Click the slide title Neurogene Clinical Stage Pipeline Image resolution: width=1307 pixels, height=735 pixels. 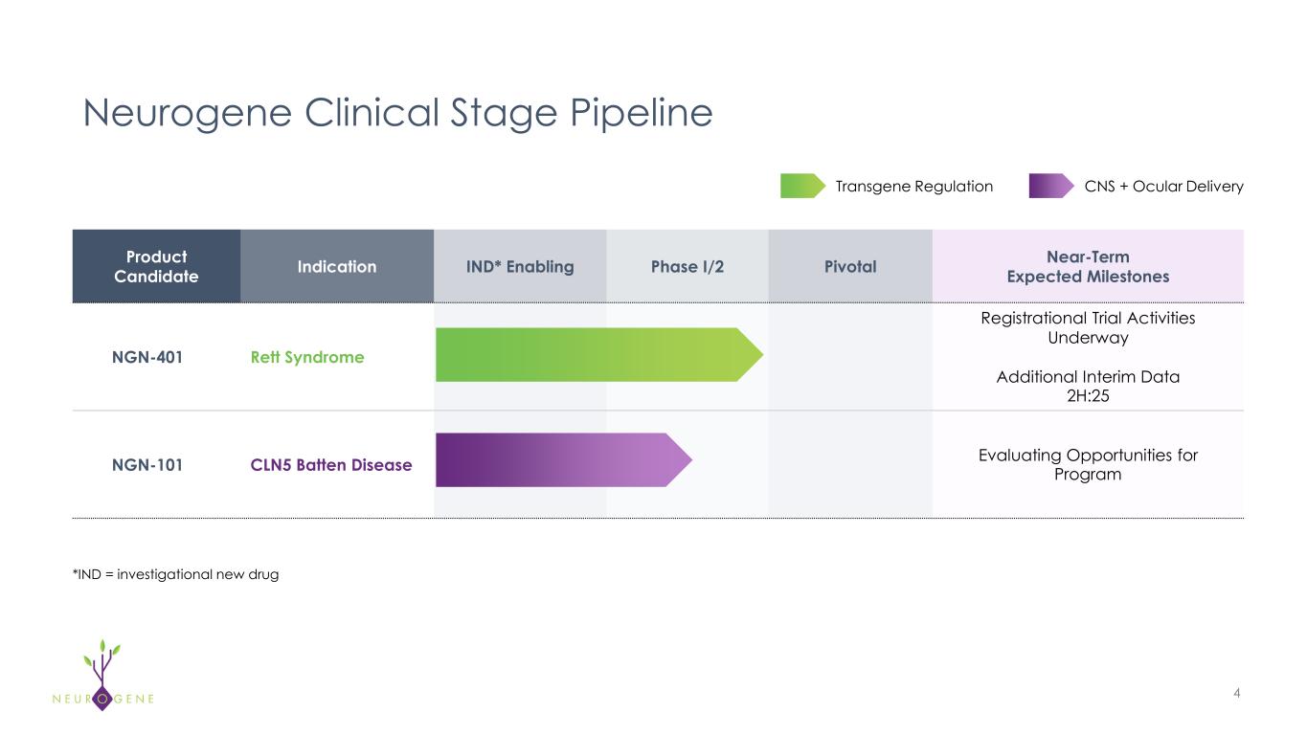[x=397, y=114]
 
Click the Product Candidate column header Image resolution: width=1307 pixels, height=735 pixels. [x=156, y=266]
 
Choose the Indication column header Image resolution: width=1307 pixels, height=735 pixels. [x=336, y=266]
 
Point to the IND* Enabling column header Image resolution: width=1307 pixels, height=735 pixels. [x=520, y=266]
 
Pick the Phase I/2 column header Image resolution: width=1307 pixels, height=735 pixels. [x=687, y=266]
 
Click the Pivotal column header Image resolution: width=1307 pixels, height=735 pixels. [x=850, y=266]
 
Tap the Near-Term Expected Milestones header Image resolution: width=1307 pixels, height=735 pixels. [x=1088, y=266]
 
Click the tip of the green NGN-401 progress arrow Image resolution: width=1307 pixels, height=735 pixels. [x=760, y=355]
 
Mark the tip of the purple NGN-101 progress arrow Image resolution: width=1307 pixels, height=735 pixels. [x=688, y=460]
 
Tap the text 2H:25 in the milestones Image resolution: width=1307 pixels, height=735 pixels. [x=1088, y=395]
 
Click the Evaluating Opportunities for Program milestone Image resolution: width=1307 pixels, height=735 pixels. [x=1088, y=464]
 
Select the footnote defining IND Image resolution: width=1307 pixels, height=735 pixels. [x=175, y=574]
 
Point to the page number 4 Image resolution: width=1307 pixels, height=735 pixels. [x=1237, y=693]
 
